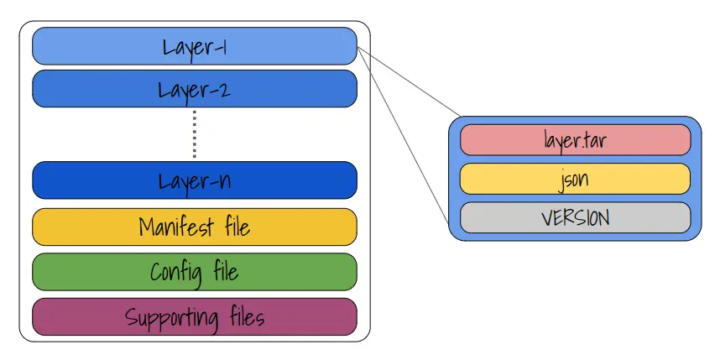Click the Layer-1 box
tap(195, 46)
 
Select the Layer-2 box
tap(195, 89)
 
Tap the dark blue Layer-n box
tap(195, 180)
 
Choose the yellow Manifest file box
tap(195, 227)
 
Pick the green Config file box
tap(195, 272)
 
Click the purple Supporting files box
tap(195, 316)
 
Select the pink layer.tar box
tap(576, 140)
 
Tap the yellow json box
tap(576, 179)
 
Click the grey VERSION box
tap(576, 217)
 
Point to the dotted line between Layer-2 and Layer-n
tap(195, 134)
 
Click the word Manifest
tap(176, 226)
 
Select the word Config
tap(176, 273)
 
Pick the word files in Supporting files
tap(248, 316)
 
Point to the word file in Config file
tap(226, 271)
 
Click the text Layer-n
tap(195, 181)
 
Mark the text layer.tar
tap(576, 140)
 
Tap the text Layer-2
tap(195, 91)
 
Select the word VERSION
tap(576, 218)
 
